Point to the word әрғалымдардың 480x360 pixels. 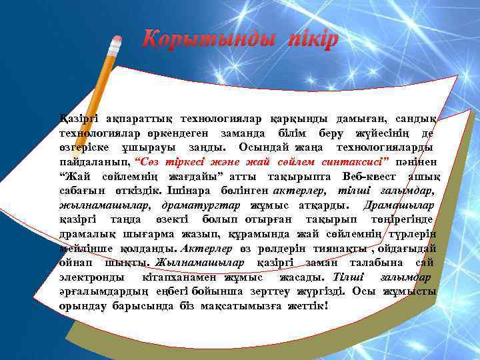tap(100, 291)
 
